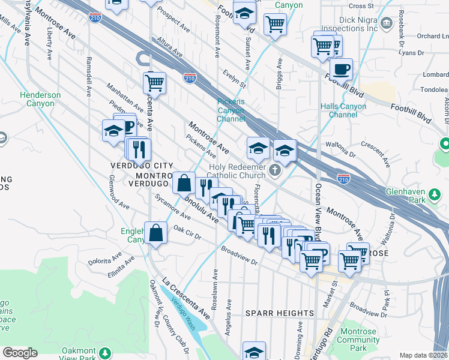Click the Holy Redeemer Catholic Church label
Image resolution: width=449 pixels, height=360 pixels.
pyautogui.click(x=237, y=171)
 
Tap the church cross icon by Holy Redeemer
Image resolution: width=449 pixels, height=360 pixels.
pyautogui.click(x=275, y=171)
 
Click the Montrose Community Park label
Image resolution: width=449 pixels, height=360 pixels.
pyautogui.click(x=358, y=340)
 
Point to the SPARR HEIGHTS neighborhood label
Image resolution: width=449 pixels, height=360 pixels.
pyautogui.click(x=279, y=313)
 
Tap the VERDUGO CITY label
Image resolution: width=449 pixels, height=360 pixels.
pyautogui.click(x=142, y=165)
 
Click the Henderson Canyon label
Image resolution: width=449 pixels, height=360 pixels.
pyautogui.click(x=40, y=99)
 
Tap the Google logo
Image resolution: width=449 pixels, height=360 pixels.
pyautogui.click(x=20, y=353)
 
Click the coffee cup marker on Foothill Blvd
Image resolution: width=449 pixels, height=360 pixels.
pyautogui.click(x=341, y=69)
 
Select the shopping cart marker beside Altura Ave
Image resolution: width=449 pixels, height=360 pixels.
pyautogui.click(x=154, y=82)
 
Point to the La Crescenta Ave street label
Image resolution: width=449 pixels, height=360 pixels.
pyautogui.click(x=187, y=298)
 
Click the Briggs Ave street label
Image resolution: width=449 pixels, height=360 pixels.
pyautogui.click(x=279, y=74)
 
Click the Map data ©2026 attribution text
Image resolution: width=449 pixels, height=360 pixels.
pyautogui.click(x=423, y=355)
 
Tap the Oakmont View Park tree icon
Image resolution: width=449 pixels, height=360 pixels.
pyautogui.click(x=106, y=352)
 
